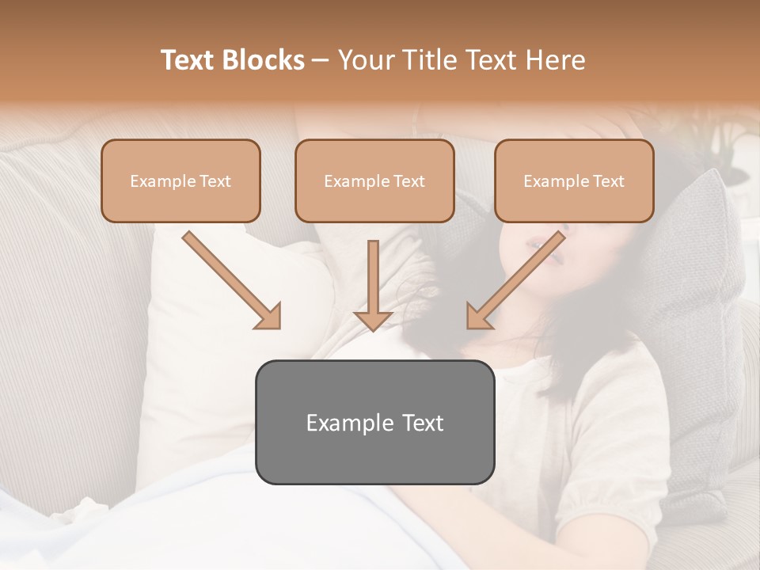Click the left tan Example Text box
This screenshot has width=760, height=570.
[180, 180]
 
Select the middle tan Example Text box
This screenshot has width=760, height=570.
[374, 180]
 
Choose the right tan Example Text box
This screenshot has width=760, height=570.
[574, 180]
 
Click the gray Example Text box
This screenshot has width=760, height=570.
[374, 422]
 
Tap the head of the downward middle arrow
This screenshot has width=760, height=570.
[373, 318]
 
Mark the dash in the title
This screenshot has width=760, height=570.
[321, 60]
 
